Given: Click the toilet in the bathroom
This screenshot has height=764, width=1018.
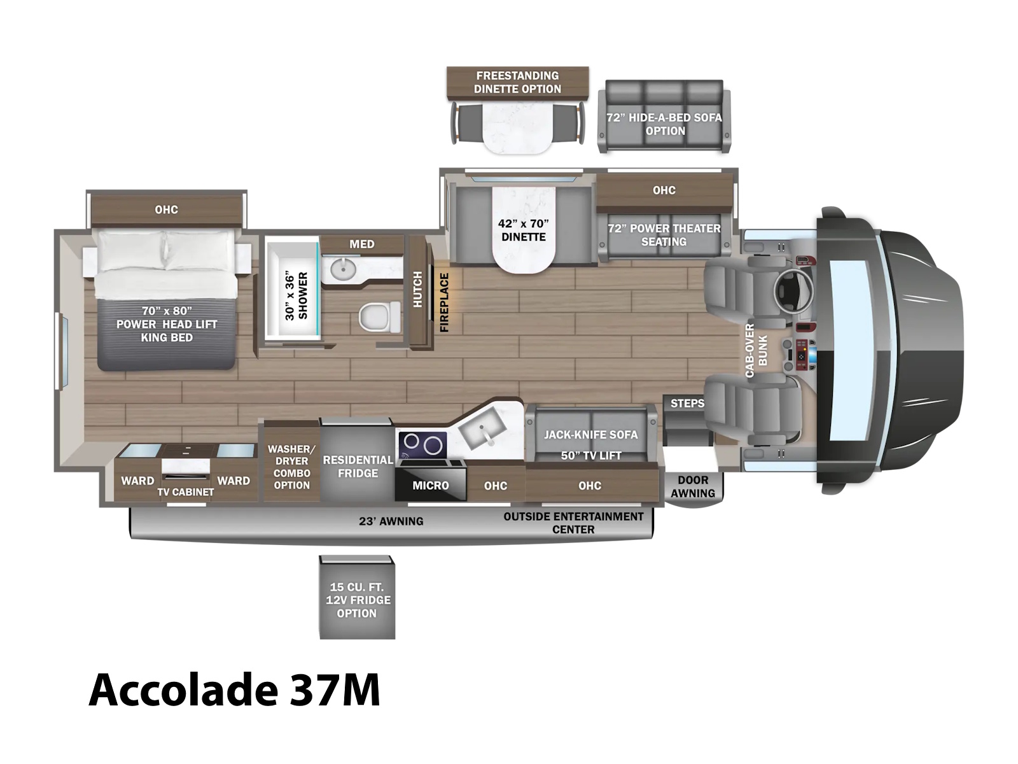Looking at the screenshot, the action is point(380,317).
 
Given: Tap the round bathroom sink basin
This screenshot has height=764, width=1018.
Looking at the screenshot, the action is point(343,268).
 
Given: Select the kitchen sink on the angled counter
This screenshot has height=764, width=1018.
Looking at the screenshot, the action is point(480,429).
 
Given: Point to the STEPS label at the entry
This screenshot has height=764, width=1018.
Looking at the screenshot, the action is point(687,404).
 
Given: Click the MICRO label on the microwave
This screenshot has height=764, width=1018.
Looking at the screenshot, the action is point(431,486).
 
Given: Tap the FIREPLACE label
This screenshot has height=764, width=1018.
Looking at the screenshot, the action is point(444,302).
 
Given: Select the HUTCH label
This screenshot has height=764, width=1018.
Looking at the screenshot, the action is point(417,289).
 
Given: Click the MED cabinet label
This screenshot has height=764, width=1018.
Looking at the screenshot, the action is point(362,244).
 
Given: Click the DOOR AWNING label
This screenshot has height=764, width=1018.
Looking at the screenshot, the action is point(693,486).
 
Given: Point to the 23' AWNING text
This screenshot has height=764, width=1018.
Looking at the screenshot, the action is point(391,521).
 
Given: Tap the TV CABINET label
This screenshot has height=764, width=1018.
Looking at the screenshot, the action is point(186,492).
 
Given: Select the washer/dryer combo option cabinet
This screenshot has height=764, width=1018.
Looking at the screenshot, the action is point(291,461).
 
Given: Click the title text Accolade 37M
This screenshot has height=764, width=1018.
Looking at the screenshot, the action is point(234,690).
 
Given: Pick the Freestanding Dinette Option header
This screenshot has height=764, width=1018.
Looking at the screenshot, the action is point(517,83).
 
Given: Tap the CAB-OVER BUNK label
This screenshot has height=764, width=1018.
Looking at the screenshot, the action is point(756,351).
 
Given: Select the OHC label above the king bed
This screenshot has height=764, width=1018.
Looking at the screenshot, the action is point(167,209).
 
